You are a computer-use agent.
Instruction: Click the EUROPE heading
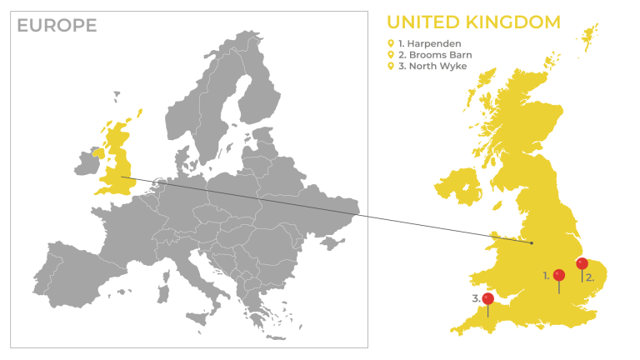point(57,26)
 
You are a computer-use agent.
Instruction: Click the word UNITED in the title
point(427,22)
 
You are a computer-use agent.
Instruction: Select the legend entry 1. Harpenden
point(429,43)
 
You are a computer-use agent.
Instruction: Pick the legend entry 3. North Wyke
point(432,67)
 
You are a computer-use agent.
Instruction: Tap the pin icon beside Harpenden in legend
point(390,43)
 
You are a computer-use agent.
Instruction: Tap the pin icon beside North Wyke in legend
point(390,67)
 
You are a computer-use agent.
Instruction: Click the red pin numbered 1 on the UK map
point(558,275)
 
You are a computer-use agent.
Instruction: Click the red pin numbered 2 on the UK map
point(582,264)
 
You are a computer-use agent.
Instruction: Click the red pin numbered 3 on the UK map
point(487,298)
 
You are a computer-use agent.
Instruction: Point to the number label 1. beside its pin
point(547,274)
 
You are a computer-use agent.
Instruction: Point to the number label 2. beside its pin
point(590,277)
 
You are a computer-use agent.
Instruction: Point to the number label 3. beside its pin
point(476,297)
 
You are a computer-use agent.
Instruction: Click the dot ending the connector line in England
point(532,242)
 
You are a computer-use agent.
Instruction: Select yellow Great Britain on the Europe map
point(117,162)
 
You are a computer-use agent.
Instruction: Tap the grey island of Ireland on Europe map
point(87,162)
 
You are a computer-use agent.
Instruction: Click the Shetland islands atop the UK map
point(591,35)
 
